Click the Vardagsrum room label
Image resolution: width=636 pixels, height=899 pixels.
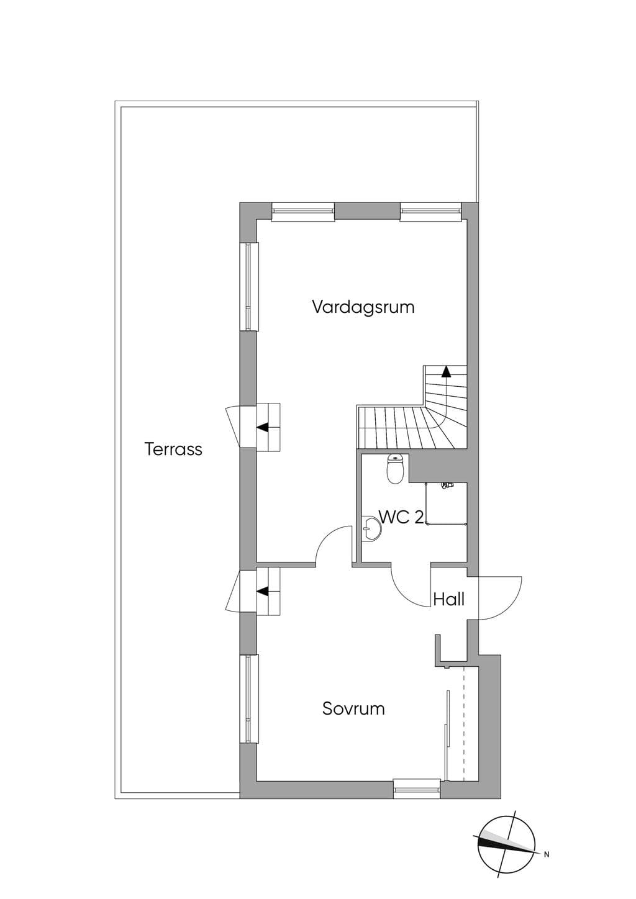click(363, 308)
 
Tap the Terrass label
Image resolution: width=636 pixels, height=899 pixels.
click(173, 449)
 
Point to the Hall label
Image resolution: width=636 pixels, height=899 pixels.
click(449, 600)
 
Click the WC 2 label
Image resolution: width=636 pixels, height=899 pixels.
click(401, 517)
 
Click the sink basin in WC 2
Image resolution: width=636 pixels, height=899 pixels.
click(371, 528)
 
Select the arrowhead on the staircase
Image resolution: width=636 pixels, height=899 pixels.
click(445, 372)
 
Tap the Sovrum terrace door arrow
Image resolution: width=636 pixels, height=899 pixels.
click(263, 591)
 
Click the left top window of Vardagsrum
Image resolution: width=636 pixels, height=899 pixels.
click(302, 212)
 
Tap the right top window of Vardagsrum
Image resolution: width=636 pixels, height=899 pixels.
click(431, 212)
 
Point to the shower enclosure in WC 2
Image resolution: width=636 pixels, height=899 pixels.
click(447, 504)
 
